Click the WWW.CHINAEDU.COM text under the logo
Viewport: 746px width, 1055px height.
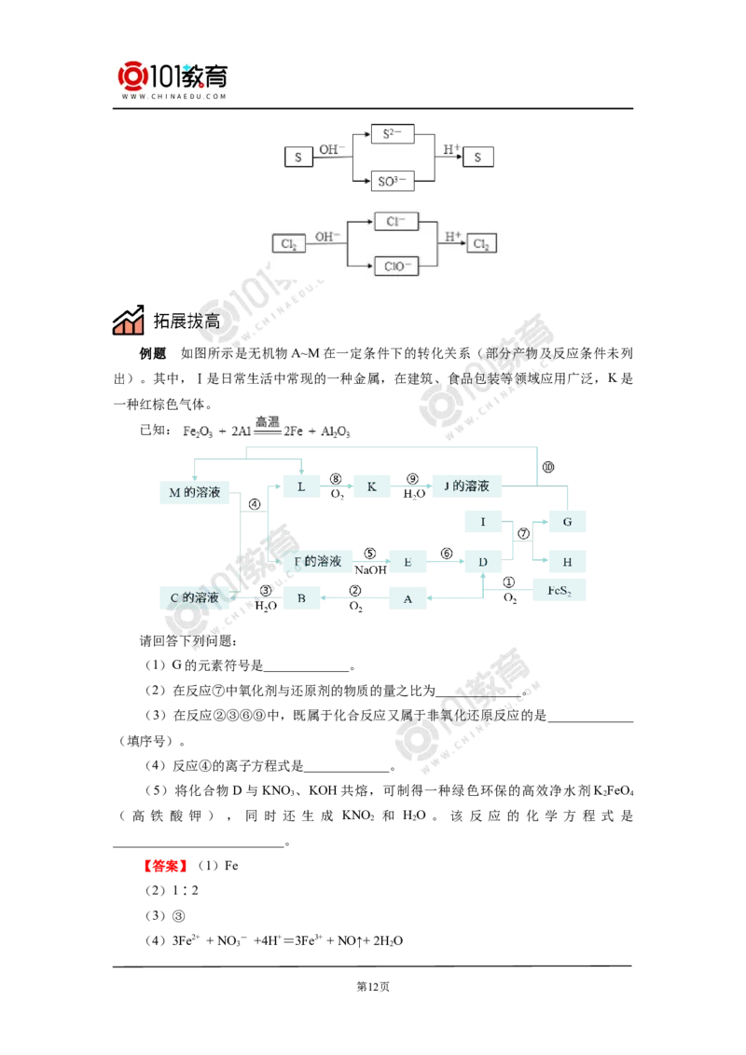[174, 96]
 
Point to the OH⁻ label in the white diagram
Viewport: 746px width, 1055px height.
[327, 237]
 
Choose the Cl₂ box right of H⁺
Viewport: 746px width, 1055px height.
[481, 243]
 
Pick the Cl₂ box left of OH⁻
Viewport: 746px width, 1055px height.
[289, 243]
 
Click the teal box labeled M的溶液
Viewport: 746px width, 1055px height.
[195, 493]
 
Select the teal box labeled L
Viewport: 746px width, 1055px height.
[301, 486]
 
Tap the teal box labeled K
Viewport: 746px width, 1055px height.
[372, 486]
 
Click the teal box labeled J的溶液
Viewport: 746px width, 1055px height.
[466, 486]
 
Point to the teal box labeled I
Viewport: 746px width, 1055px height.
[483, 522]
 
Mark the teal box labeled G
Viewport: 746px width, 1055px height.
[567, 522]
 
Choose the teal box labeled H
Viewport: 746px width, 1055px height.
[567, 561]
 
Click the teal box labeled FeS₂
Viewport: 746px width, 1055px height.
[559, 591]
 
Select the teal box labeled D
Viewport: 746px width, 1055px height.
[483, 561]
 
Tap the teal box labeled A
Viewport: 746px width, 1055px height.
[408, 598]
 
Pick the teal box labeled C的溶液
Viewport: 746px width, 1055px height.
[195, 597]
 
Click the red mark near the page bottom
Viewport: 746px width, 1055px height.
[165, 866]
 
